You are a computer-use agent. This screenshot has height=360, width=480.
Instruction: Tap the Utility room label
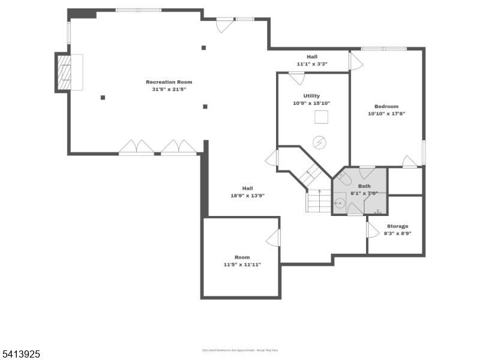[x=311, y=95]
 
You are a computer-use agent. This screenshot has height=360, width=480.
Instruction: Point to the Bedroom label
[x=386, y=106]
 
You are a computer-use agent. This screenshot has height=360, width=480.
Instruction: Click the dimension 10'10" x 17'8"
[x=386, y=113]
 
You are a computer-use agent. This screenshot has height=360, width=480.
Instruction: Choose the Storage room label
[x=397, y=226]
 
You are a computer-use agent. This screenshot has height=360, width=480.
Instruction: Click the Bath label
[x=364, y=186]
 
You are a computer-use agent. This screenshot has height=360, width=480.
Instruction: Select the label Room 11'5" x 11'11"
[x=242, y=260]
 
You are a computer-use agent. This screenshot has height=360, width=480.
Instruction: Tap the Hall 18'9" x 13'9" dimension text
[x=248, y=196]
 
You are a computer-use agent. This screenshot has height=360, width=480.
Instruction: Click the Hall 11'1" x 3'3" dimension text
[x=312, y=64]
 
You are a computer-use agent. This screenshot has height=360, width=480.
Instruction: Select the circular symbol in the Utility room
[x=320, y=142]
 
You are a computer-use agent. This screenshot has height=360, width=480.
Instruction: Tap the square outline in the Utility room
[x=322, y=117]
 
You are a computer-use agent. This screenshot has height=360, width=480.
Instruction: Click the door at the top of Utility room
[x=296, y=78]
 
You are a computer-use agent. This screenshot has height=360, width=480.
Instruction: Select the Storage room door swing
[x=373, y=229]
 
